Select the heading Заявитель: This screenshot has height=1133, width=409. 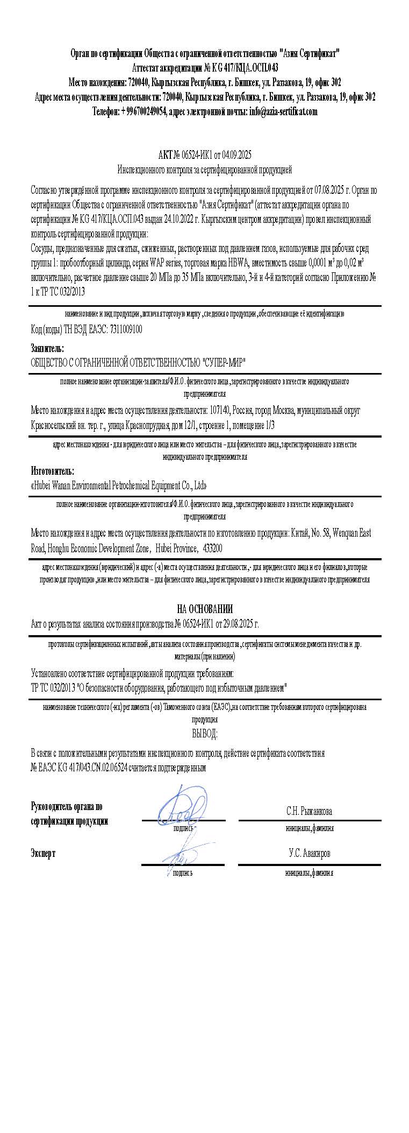click(47, 349)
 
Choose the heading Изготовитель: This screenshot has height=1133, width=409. click(53, 472)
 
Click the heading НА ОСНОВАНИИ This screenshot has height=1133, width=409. click(205, 609)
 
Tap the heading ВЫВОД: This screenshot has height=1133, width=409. click(205, 734)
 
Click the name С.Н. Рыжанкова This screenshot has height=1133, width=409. click(309, 811)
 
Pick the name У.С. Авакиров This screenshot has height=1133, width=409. click(309, 854)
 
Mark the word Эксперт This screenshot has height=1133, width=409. click(43, 854)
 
